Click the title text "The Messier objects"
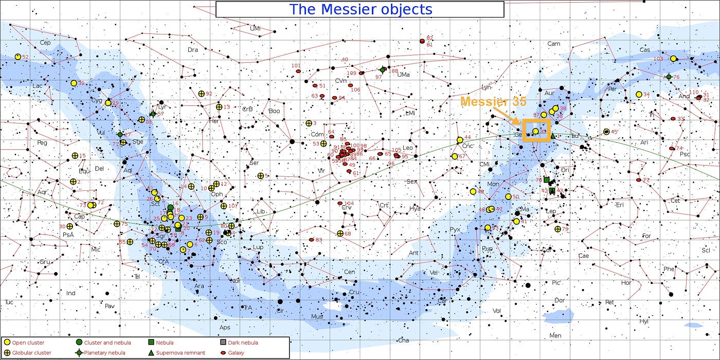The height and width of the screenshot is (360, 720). click(360, 9)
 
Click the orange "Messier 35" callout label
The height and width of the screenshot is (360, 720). click(493, 102)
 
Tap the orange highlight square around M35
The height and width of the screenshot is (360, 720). click(537, 130)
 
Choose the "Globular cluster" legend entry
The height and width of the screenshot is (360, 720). click(30, 353)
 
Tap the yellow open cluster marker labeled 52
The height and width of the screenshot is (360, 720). click(18, 57)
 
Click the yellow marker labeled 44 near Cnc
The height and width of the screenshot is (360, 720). click(460, 140)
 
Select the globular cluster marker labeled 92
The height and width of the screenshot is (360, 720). click(202, 94)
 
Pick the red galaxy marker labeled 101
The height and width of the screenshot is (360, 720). click(298, 71)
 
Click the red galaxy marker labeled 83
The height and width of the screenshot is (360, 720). click(311, 240)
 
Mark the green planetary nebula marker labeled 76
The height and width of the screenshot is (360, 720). click(669, 77)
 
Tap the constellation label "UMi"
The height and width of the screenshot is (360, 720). click(255, 28)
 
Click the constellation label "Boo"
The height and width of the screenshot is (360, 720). click(275, 111)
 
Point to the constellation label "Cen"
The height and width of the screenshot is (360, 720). click(350, 272)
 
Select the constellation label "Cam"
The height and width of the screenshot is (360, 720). click(553, 44)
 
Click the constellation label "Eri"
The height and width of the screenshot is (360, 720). click(620, 205)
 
